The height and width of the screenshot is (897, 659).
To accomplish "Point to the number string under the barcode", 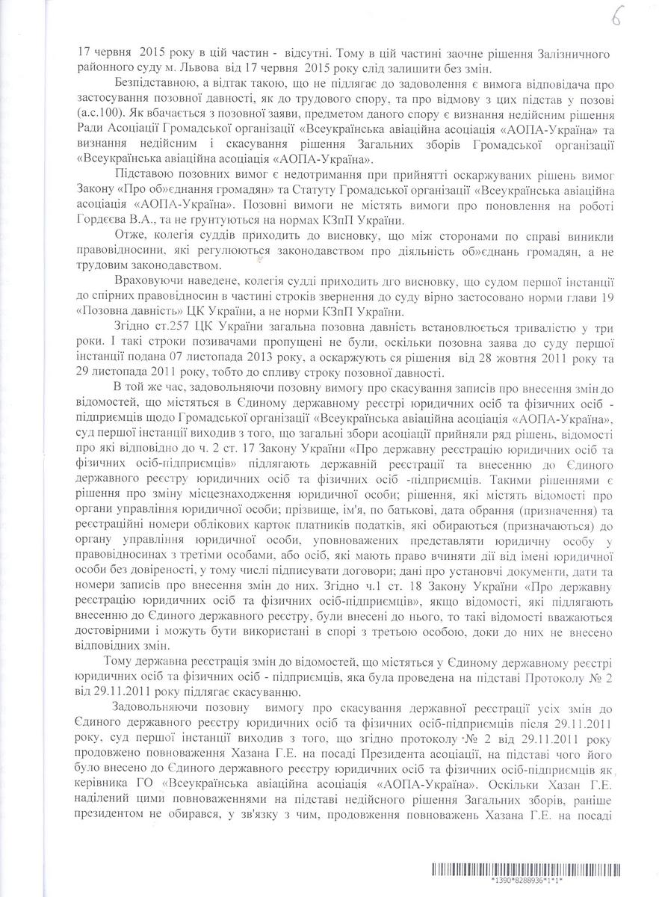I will click(529, 883).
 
